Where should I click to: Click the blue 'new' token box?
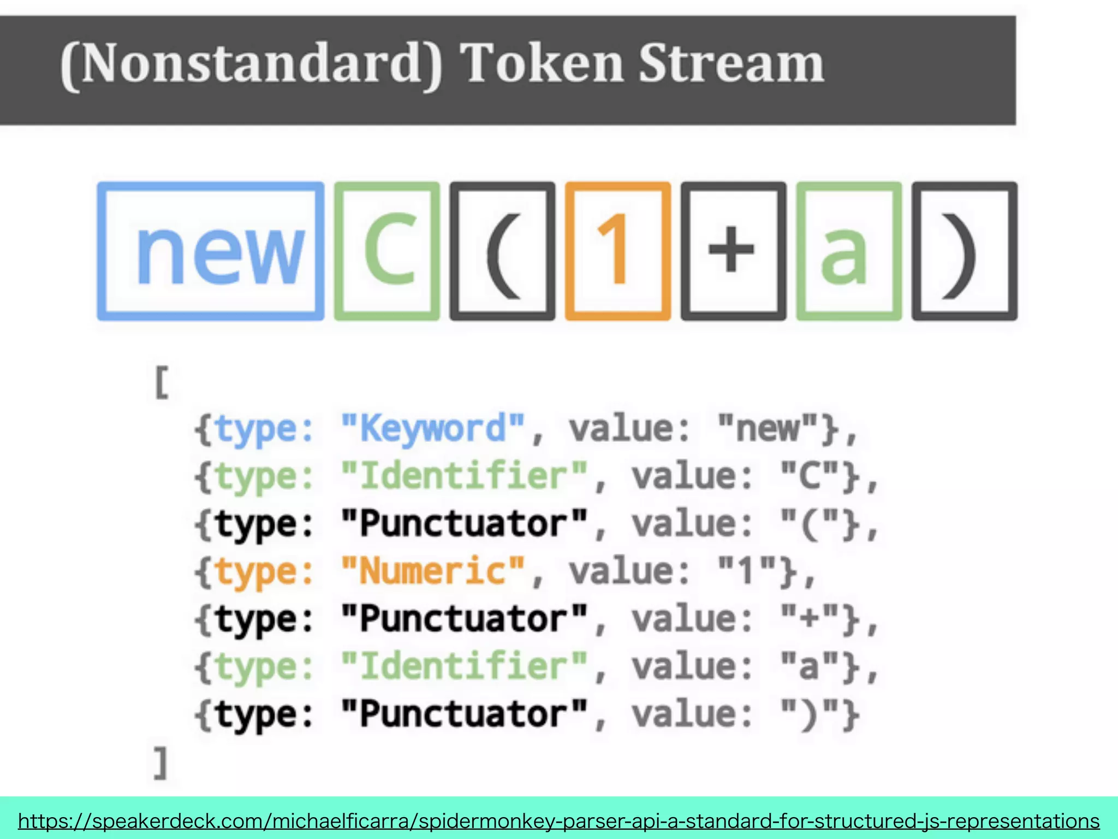(x=211, y=251)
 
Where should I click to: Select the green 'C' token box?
(x=387, y=251)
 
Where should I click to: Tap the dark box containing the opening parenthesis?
(x=502, y=251)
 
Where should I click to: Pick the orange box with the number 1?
(x=618, y=251)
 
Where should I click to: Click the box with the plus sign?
(x=733, y=251)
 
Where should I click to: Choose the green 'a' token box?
(x=849, y=251)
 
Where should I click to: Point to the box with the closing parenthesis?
(x=965, y=251)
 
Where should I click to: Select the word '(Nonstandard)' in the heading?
(x=251, y=64)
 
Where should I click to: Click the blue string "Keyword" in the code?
(x=433, y=428)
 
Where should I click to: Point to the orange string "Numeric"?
(x=433, y=571)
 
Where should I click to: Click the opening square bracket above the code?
(x=162, y=383)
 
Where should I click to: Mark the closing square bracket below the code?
(x=160, y=763)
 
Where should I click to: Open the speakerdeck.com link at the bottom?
(x=558, y=821)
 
